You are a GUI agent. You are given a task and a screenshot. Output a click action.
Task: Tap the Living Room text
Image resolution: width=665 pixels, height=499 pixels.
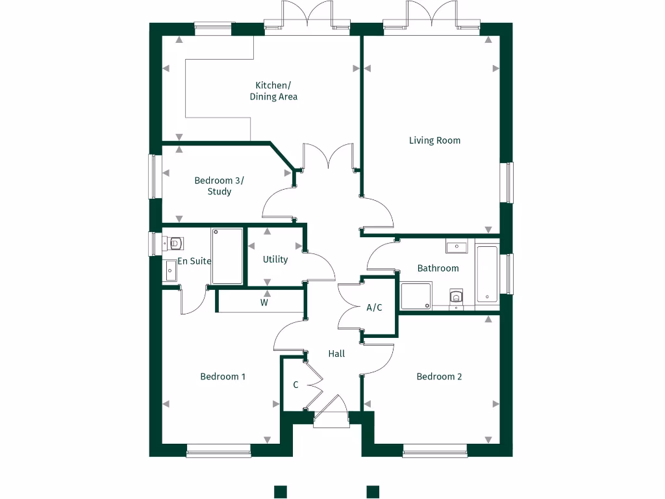pyautogui.click(x=434, y=140)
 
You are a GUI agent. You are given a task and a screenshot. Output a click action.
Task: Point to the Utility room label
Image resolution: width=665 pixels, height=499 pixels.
pyautogui.click(x=275, y=259)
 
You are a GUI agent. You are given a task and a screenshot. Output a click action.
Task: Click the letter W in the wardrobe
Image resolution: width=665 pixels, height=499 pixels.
pyautogui.click(x=264, y=302)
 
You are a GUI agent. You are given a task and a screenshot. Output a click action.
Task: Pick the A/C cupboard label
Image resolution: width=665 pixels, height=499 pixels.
pyautogui.click(x=374, y=308)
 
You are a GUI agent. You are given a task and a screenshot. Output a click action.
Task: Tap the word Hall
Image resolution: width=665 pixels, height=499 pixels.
pyautogui.click(x=336, y=353)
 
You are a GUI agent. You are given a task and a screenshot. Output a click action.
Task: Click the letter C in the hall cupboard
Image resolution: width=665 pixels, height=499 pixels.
pyautogui.click(x=295, y=385)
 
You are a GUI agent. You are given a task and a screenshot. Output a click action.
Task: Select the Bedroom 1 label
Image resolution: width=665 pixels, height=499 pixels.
pyautogui.click(x=223, y=376)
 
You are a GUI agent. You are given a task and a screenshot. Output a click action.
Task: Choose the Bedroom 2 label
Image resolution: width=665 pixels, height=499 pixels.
pyautogui.click(x=439, y=376)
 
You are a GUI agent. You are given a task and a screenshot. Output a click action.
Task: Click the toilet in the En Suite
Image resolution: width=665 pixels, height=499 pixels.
pyautogui.click(x=174, y=244)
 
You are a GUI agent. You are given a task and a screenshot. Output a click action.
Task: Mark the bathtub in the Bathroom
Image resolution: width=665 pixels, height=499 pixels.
pyautogui.click(x=486, y=274)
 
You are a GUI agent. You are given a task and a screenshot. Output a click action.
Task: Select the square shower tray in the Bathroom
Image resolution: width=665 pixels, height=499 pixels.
pyautogui.click(x=416, y=296)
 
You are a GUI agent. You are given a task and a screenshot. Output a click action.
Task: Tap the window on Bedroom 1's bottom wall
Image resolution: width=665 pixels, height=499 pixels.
pyautogui.click(x=218, y=450)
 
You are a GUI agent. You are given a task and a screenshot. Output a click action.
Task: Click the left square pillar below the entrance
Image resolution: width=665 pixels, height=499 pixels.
pyautogui.click(x=280, y=492)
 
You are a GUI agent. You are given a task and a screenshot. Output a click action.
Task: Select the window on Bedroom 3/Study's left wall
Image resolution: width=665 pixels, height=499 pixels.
pyautogui.click(x=155, y=175)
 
